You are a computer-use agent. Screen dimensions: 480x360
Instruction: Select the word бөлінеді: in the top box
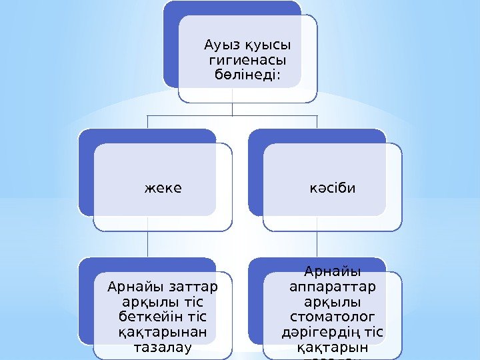click(x=248, y=76)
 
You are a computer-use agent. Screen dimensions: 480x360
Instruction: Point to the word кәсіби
click(x=332, y=187)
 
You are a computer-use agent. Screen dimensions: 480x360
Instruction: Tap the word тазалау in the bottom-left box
click(x=163, y=347)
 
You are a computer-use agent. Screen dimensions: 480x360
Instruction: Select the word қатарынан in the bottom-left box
click(x=163, y=332)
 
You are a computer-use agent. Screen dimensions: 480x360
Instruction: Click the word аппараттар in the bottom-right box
click(x=333, y=287)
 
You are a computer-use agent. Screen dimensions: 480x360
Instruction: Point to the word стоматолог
click(x=333, y=316)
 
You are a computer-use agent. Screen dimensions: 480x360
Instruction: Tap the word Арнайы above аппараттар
click(x=333, y=272)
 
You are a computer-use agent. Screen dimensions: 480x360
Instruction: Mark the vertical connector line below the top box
click(x=232, y=109)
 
